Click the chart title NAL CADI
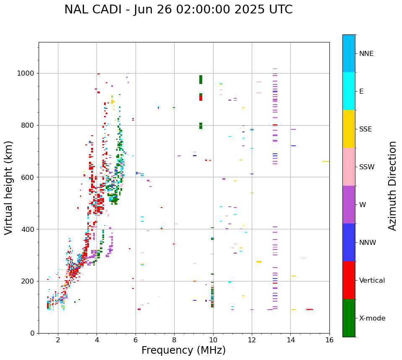178,10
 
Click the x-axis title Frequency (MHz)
183,350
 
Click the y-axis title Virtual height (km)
9,188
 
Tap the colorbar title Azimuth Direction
392,186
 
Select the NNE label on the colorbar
366,54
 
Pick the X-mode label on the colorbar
372,318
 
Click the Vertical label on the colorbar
372,281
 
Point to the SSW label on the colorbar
366,167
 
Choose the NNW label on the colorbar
368,243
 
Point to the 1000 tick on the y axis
27,74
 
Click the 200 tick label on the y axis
29,281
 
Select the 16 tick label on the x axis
329,340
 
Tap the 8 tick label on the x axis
174,340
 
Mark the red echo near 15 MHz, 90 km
309,309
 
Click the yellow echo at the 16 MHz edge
326,161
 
